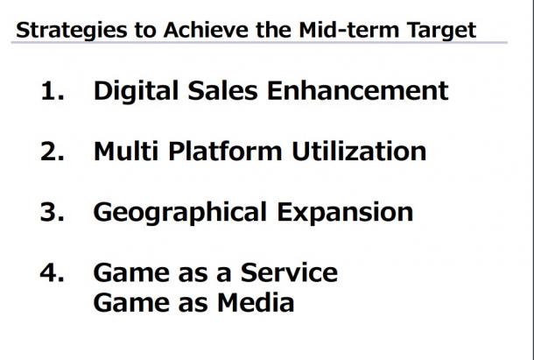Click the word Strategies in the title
click(72, 31)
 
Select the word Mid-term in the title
click(348, 30)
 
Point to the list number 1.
click(53, 91)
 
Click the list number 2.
click(53, 152)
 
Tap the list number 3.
click(53, 212)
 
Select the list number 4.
click(53, 272)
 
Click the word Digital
click(136, 91)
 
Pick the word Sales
click(222, 90)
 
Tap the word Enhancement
click(358, 90)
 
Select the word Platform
click(225, 151)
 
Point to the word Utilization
click(359, 151)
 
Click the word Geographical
click(180, 212)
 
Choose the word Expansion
click(345, 212)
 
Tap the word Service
click(289, 272)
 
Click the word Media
click(256, 302)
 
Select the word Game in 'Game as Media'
click(131, 302)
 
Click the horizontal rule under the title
click(259, 43)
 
